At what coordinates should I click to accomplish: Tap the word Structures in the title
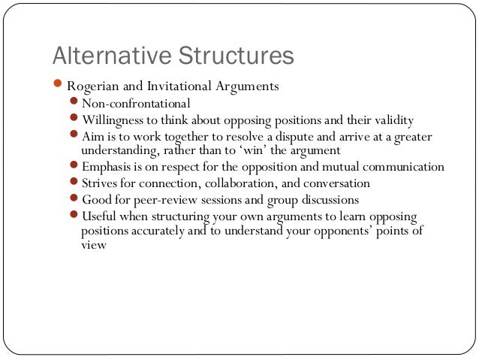(230, 56)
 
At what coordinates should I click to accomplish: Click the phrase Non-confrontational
(136, 103)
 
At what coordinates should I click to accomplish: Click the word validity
(390, 119)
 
